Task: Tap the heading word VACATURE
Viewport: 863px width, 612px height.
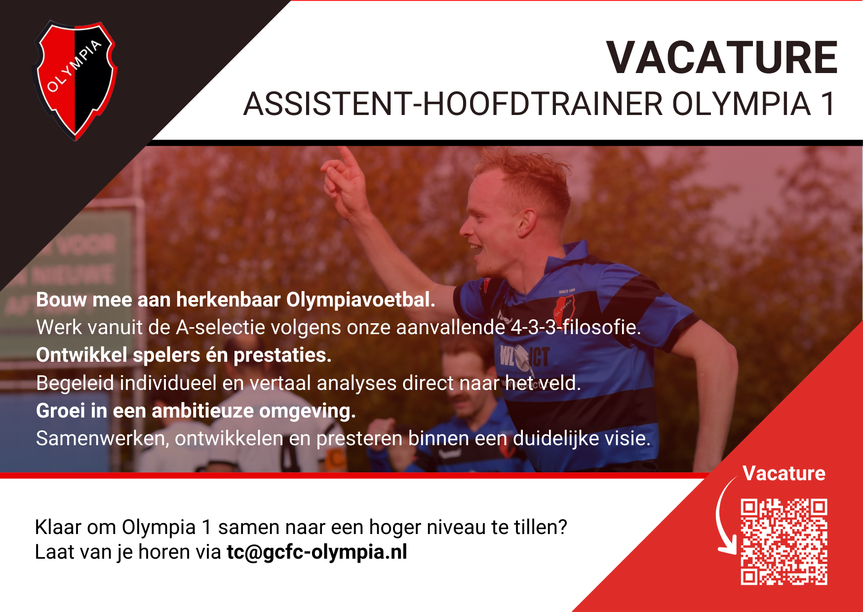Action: click(722, 58)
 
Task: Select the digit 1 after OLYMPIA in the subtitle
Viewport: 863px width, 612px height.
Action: click(827, 104)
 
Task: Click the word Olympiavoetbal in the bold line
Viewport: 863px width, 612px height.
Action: click(360, 300)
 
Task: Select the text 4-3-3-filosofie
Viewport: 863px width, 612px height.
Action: click(575, 327)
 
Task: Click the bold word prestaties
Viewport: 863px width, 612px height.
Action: click(282, 355)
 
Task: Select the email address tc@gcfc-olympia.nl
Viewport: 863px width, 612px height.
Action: click(317, 552)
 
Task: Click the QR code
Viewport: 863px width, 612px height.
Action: click(784, 541)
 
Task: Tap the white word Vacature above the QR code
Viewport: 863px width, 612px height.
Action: click(784, 473)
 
